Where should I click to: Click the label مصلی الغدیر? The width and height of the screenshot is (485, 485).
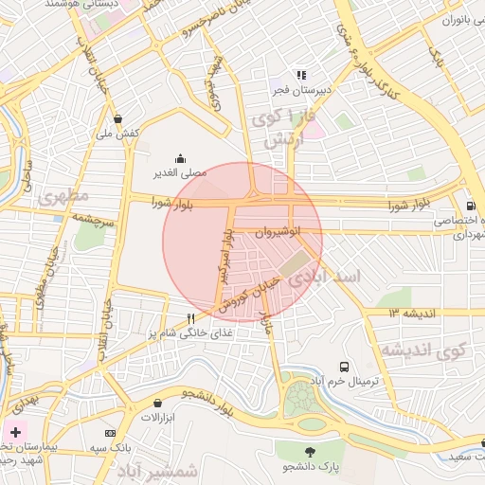[x=180, y=174]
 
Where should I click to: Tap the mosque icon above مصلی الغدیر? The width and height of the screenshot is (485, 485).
[x=180, y=159]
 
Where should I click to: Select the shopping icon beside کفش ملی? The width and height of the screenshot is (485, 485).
[x=117, y=119]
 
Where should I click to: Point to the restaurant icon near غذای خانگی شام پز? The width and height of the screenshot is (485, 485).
[x=191, y=319]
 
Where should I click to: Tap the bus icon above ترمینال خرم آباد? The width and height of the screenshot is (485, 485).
[x=343, y=366]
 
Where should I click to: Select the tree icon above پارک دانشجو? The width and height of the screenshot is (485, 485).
[x=310, y=451]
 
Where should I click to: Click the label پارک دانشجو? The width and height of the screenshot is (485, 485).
[x=310, y=466]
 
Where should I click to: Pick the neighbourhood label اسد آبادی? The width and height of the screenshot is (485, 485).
[x=326, y=277]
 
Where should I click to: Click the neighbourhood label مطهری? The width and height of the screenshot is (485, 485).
[x=64, y=197]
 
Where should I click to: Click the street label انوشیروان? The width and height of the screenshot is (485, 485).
[x=279, y=231]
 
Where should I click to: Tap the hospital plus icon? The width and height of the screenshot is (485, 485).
[x=15, y=432]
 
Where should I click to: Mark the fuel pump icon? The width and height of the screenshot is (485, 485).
[x=471, y=206]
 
